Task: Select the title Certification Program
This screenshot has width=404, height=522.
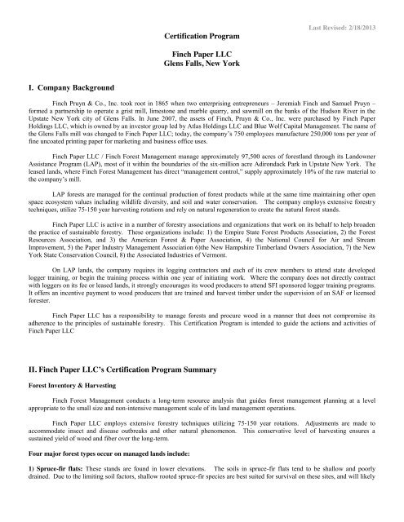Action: click(x=202, y=37)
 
